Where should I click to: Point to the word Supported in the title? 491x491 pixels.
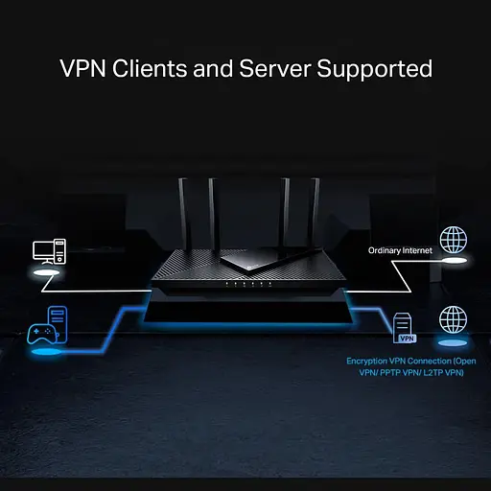point(380,70)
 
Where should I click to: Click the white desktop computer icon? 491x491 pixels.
point(48,251)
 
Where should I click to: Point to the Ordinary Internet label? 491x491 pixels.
point(401,250)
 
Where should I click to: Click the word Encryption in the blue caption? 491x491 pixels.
point(369,362)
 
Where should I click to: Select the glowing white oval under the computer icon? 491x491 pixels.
point(46,273)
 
